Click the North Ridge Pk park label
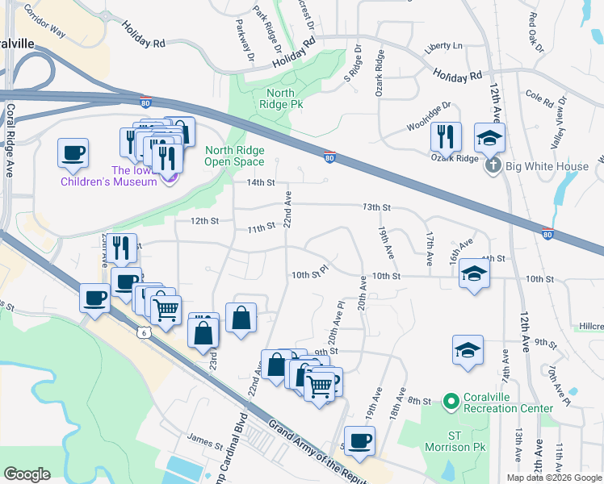[281, 98]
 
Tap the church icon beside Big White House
[494, 166]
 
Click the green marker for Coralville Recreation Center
[451, 399]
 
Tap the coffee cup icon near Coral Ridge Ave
[73, 153]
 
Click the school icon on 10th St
[474, 274]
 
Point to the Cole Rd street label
[539, 98]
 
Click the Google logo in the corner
[27, 474]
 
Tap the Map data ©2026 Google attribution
[553, 478]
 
